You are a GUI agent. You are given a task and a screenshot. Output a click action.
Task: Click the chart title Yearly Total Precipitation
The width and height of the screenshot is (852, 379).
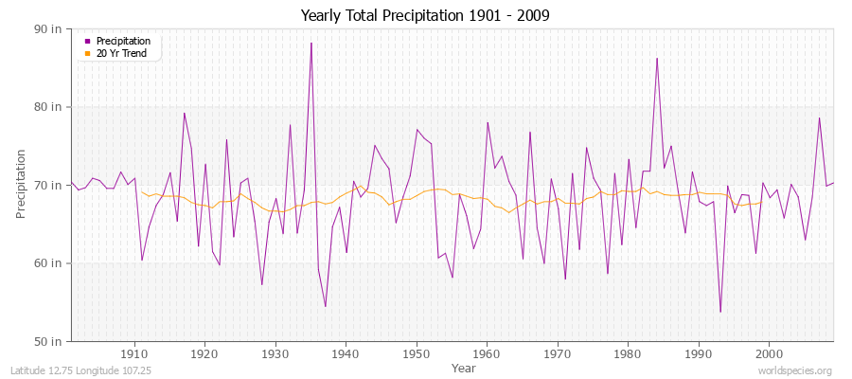click(425, 16)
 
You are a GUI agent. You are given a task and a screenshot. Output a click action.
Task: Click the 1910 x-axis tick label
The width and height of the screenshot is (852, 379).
click(134, 353)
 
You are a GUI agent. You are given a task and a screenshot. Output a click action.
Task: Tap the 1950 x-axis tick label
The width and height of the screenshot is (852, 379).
click(417, 353)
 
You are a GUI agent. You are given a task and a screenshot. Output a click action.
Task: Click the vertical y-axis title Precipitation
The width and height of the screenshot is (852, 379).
click(22, 184)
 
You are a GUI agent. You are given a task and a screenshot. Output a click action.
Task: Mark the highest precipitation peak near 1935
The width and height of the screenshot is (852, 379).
click(311, 43)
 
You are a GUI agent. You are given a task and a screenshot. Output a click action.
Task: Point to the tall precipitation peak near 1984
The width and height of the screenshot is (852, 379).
click(657, 59)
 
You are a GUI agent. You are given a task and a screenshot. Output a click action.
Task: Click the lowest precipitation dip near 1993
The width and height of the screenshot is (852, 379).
click(720, 312)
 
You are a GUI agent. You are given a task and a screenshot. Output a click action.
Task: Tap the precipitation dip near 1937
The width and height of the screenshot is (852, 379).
click(325, 306)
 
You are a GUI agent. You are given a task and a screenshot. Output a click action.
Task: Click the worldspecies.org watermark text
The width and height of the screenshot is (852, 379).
click(794, 370)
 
